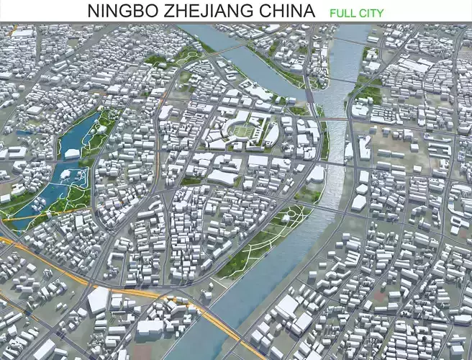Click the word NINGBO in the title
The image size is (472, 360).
(120, 12)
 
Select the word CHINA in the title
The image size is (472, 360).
(288, 12)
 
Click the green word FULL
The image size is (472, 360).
(344, 13)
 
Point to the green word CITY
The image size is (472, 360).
(371, 13)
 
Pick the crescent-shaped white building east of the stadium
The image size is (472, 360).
(272, 132)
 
